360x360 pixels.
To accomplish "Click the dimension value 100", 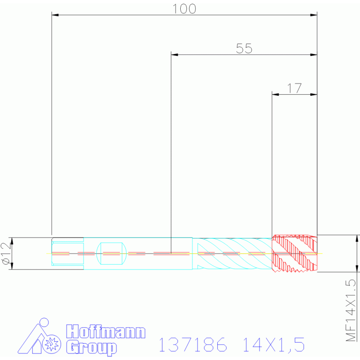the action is coord(184,9).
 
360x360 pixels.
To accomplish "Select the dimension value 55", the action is coord(244,48).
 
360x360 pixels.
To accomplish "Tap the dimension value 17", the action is coord(294,88).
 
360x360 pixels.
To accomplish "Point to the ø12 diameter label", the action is coord(7,253).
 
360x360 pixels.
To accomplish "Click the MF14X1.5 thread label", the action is coord(351,310).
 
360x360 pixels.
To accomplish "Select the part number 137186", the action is coord(193,345).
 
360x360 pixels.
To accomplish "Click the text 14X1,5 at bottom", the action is coord(274,345).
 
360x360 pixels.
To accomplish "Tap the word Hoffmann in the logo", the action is coord(106,331).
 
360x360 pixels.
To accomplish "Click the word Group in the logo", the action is coord(92,348).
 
